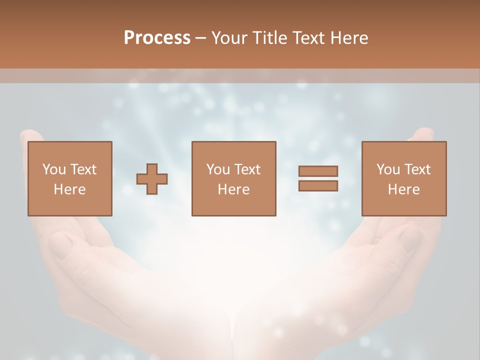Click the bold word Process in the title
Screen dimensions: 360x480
[157, 38]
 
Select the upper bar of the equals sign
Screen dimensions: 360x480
[318, 171]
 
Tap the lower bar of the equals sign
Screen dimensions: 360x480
[318, 185]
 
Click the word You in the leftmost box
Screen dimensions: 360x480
[53, 169]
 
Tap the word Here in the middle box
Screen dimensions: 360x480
[233, 189]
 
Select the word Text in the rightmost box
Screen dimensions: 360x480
[417, 169]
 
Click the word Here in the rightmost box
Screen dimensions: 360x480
[403, 189]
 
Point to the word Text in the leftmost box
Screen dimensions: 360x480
[83, 169]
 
